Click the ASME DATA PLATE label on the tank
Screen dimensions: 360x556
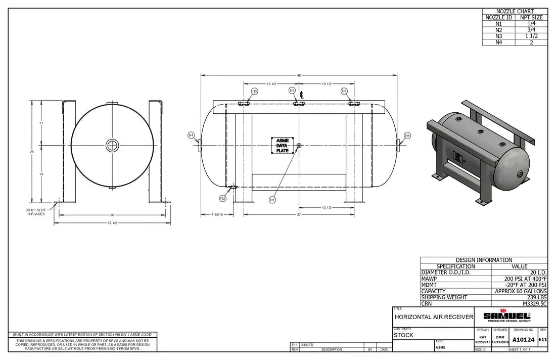click(x=282, y=146)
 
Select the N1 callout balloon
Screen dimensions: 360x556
click(x=272, y=200)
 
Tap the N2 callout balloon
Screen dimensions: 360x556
click(x=222, y=198)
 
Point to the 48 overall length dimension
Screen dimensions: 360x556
click(x=299, y=75)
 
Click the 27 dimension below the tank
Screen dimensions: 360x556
click(x=299, y=215)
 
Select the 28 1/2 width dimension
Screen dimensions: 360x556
click(x=112, y=223)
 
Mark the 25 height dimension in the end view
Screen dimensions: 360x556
click(x=31, y=152)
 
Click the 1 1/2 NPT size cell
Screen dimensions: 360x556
click(x=531, y=36)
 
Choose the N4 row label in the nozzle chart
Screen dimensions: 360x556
click(x=499, y=42)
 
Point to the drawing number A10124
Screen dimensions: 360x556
click(x=523, y=340)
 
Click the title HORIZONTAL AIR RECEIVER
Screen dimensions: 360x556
click(x=434, y=317)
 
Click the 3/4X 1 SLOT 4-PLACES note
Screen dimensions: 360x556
click(x=35, y=212)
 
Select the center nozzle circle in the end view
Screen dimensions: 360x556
click(x=112, y=146)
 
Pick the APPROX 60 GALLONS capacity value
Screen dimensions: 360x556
click(x=521, y=291)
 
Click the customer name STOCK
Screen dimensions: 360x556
click(x=404, y=335)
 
